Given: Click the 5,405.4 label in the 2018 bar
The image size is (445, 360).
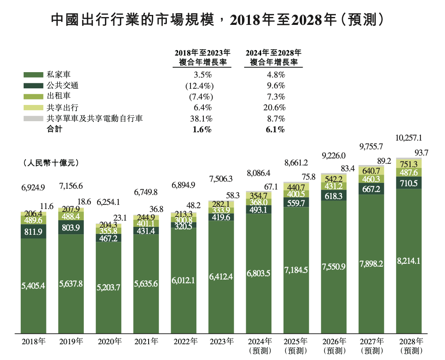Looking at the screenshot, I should click(x=33, y=285).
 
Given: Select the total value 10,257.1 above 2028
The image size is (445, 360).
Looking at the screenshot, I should click(x=409, y=137).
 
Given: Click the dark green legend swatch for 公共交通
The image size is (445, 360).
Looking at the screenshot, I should click(x=33, y=86).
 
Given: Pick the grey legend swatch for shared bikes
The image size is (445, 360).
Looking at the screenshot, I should click(x=33, y=119).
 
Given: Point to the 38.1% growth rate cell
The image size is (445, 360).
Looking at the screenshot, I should click(x=202, y=119).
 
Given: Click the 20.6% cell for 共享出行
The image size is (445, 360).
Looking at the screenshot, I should click(x=274, y=108).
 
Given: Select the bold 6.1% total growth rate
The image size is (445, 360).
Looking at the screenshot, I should click(x=274, y=130).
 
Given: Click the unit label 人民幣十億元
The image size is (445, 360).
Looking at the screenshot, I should click(x=51, y=163).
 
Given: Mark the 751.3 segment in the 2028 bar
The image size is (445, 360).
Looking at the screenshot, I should click(x=409, y=163).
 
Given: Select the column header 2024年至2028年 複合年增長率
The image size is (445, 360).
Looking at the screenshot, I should click(x=274, y=58).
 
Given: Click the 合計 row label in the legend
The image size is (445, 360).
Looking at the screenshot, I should click(x=55, y=130).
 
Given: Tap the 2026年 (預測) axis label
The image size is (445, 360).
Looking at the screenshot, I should click(x=334, y=346).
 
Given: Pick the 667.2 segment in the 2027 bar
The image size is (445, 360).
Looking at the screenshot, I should click(x=372, y=188).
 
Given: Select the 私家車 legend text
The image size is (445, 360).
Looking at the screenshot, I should click(x=59, y=75).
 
